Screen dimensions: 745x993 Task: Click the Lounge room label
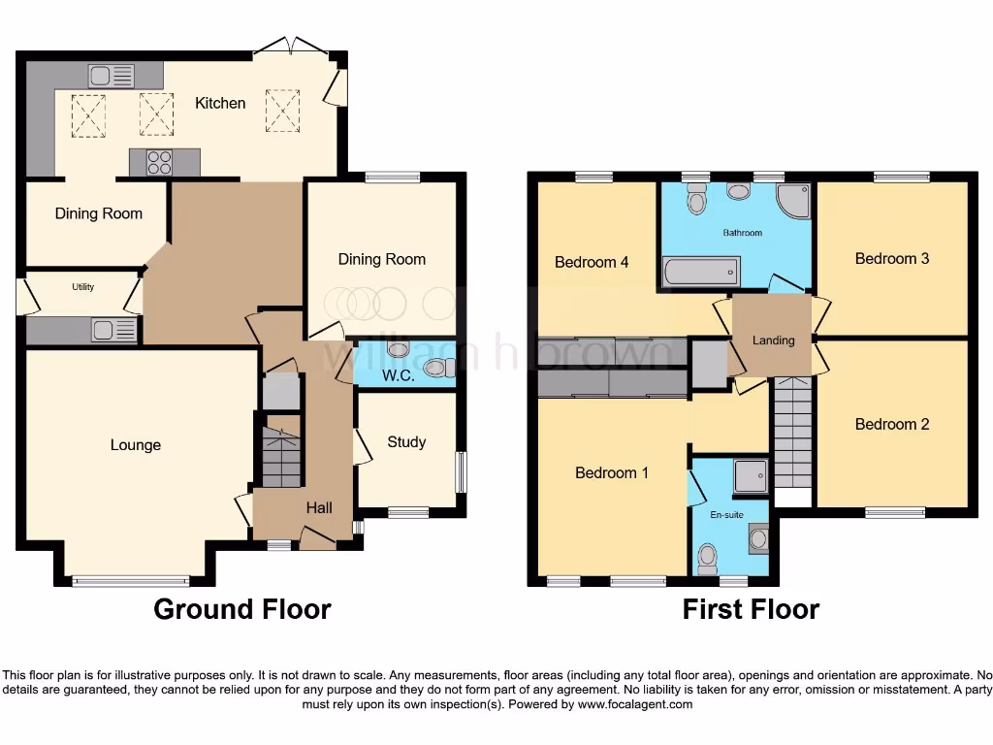(x=136, y=445)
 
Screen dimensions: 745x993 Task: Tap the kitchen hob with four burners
(x=159, y=162)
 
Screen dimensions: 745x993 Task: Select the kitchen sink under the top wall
(x=111, y=75)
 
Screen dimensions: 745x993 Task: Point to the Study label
(x=406, y=442)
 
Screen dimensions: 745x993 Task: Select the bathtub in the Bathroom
(x=701, y=271)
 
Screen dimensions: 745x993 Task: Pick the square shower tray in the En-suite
(x=751, y=475)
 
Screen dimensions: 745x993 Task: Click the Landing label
(x=773, y=340)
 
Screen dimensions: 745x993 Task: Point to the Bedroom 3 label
(x=892, y=259)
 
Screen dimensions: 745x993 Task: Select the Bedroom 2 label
(x=892, y=425)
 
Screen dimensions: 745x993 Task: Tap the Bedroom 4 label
(x=592, y=262)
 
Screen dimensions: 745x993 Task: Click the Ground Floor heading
(x=242, y=609)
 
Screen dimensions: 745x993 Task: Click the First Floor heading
(x=751, y=609)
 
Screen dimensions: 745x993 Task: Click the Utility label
(x=82, y=287)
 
